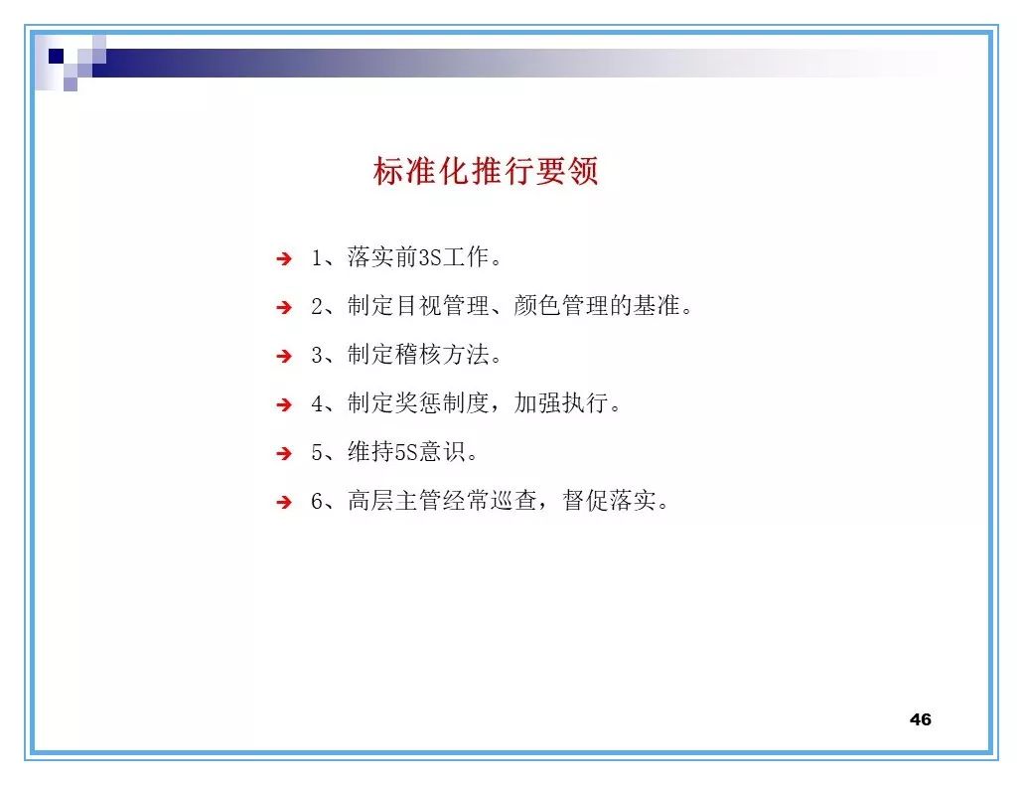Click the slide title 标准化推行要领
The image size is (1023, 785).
486,172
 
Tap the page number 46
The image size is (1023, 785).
920,719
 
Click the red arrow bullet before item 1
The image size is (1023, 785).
284,259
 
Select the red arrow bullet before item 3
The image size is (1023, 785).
284,356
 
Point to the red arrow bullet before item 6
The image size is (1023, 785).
284,503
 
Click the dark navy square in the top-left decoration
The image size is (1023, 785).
57,56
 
